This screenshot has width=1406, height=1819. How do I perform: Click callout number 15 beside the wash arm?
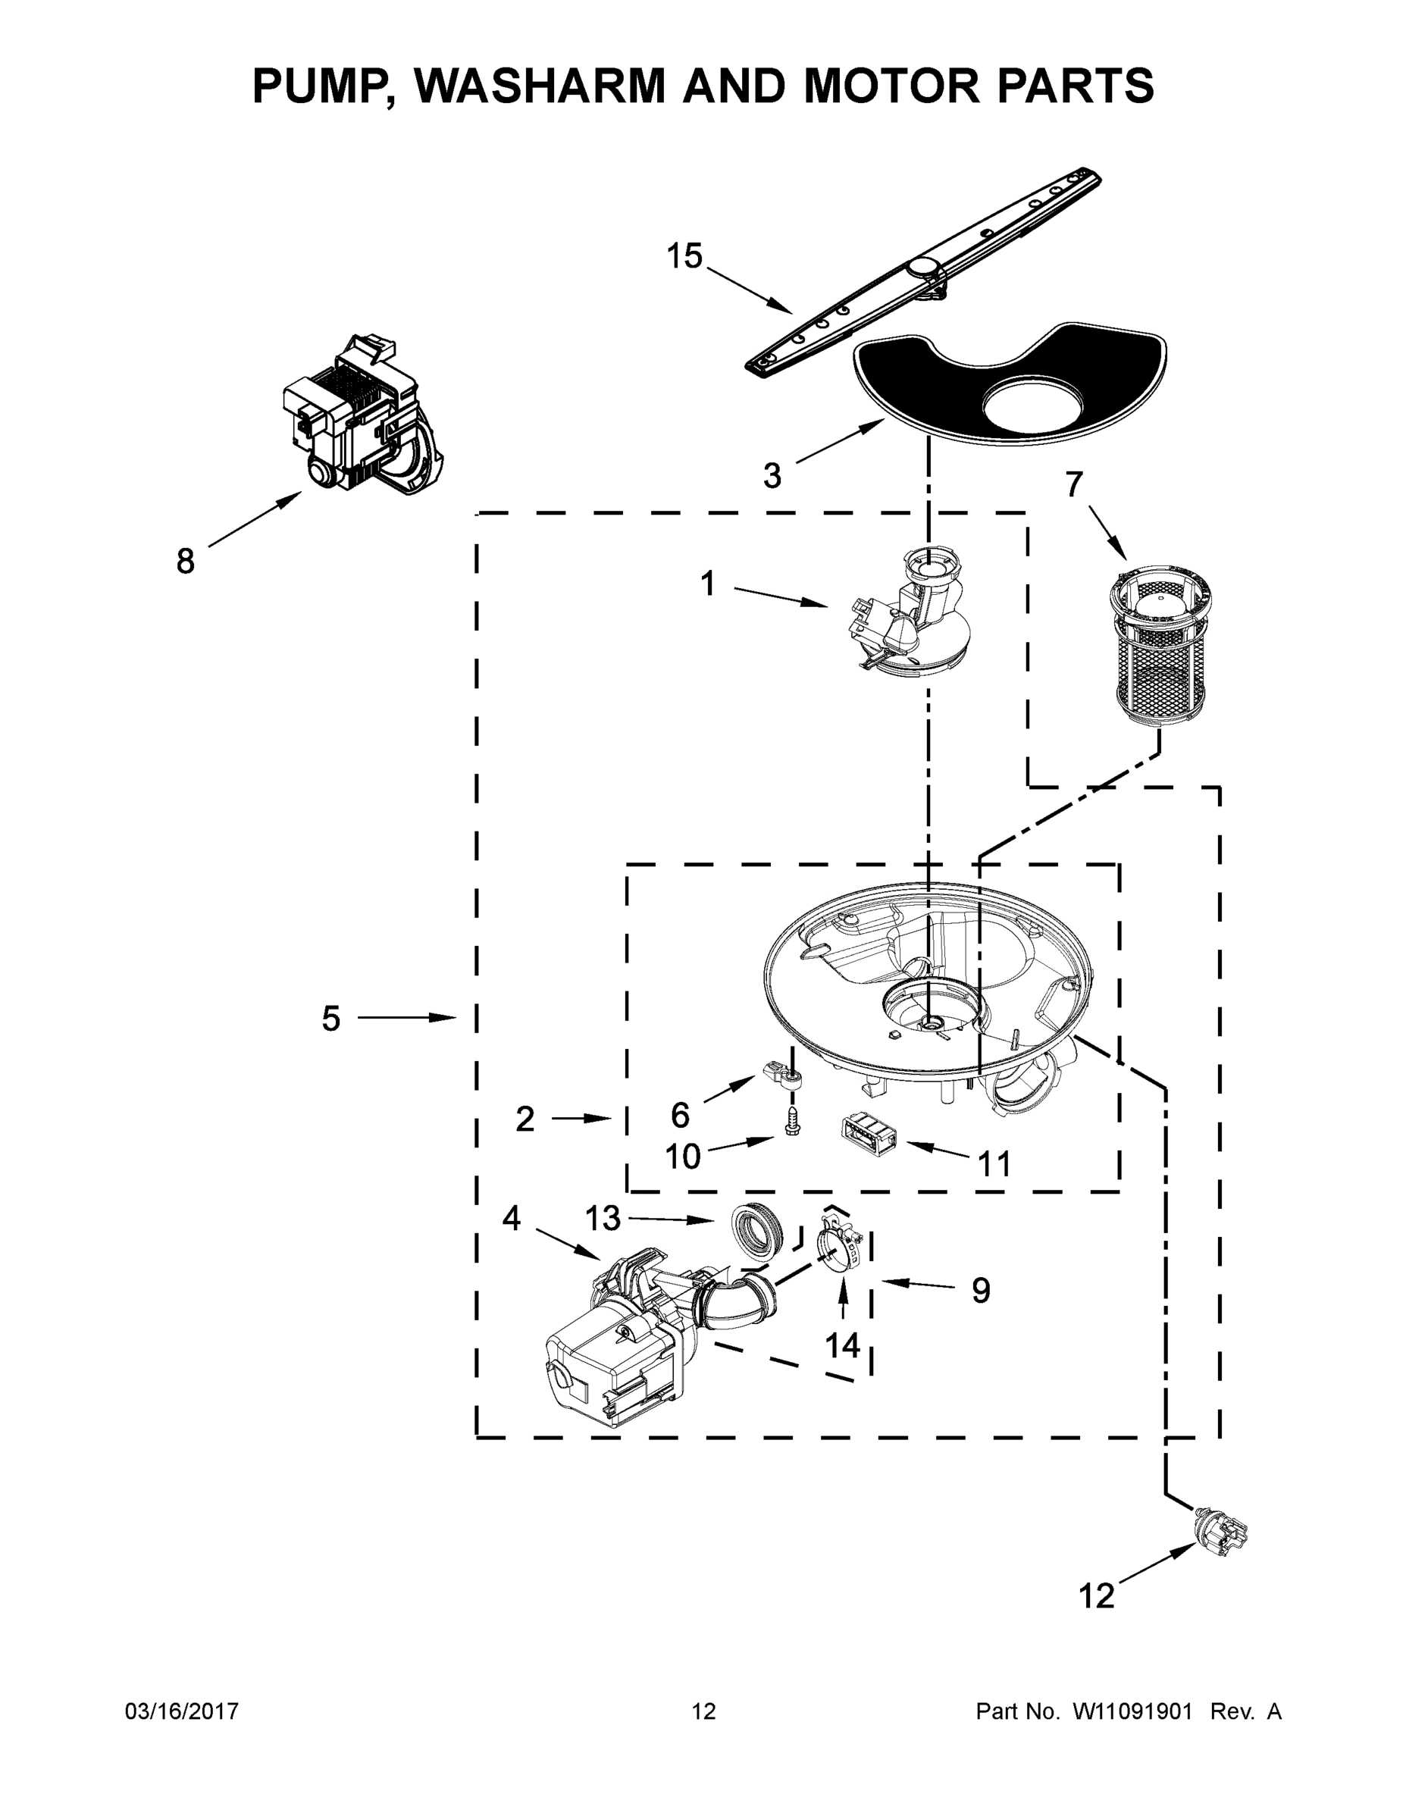[x=684, y=256]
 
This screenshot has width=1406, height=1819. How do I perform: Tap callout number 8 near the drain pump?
[x=185, y=562]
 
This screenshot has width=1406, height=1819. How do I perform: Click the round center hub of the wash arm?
[x=923, y=266]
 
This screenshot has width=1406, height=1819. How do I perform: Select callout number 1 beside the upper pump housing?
[x=707, y=584]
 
